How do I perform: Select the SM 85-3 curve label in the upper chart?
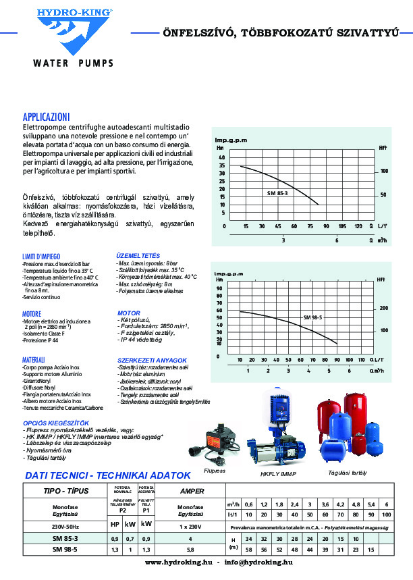tap(277, 193)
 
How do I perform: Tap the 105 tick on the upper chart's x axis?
tap(342, 226)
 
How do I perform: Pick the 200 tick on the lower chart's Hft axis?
tap(383, 308)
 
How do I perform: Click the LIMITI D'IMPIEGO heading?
tap(42, 256)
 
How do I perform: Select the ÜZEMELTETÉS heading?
tap(138, 256)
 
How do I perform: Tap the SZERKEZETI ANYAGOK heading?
tap(152, 361)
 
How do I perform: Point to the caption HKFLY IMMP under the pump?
tap(279, 474)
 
